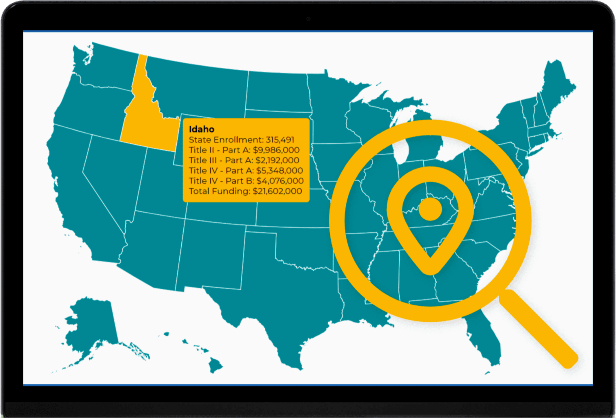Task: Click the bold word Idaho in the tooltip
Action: pos(201,129)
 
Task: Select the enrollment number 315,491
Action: pos(280,140)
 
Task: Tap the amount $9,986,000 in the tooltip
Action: pos(276,150)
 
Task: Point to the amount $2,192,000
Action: pos(277,160)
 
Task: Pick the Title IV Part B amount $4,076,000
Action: pos(280,180)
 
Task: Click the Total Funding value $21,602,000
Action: pos(277,191)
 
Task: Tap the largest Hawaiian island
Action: pos(215,365)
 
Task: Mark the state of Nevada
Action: pos(108,176)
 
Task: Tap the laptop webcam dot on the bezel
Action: pos(308,19)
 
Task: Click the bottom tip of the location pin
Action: pos(430,267)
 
